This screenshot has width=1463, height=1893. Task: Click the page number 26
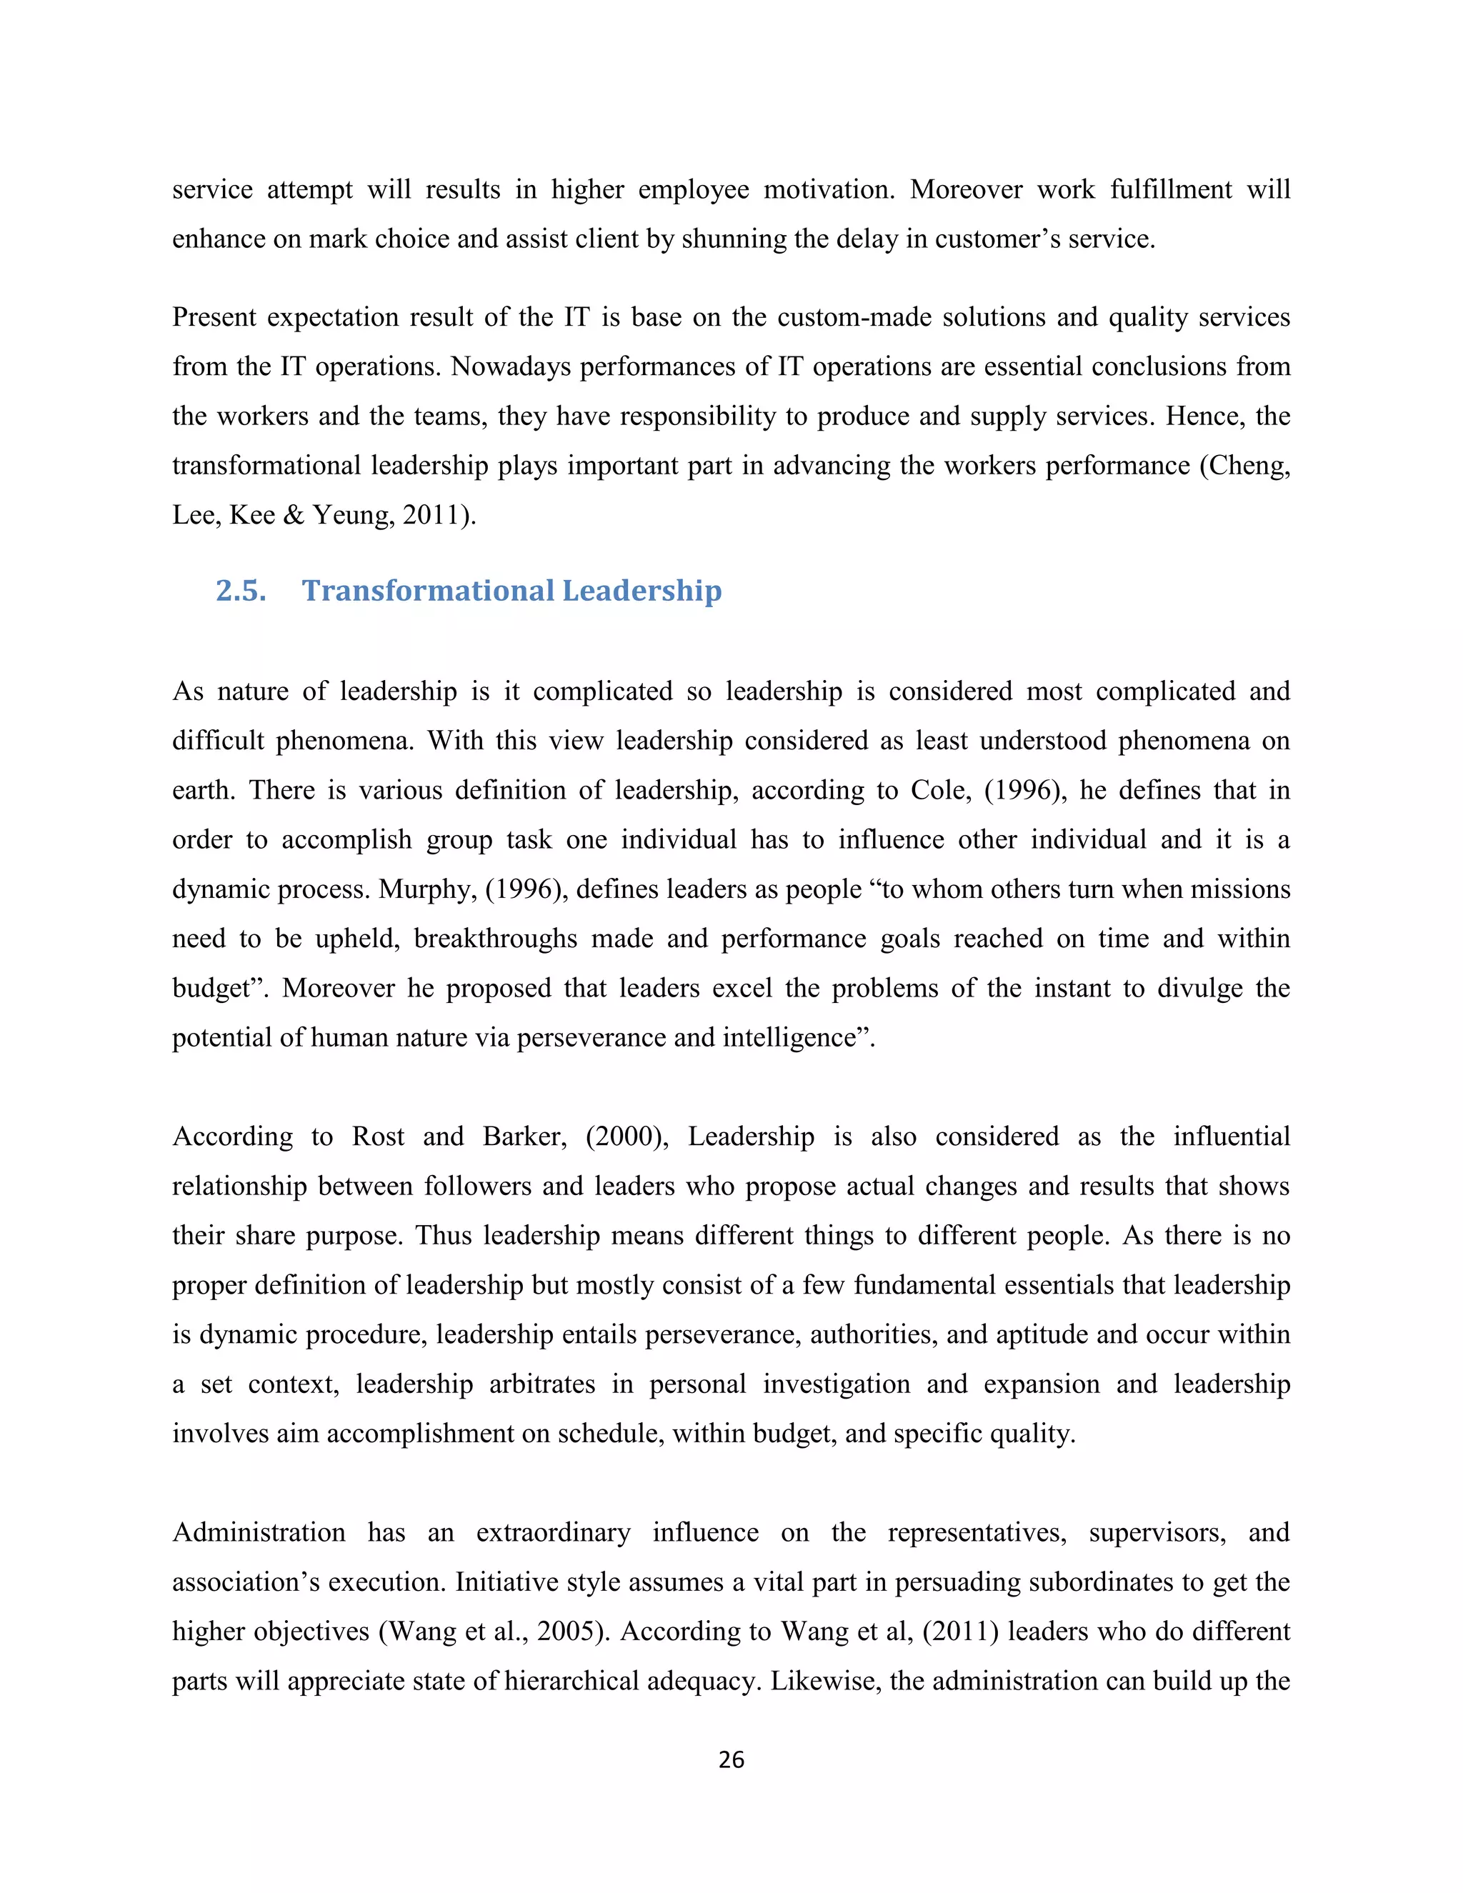[x=731, y=1759]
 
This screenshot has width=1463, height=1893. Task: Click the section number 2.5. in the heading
[x=240, y=591]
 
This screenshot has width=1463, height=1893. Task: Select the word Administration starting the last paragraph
[x=259, y=1532]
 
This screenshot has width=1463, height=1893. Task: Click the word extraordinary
[x=553, y=1532]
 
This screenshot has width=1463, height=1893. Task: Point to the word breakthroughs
[x=495, y=939]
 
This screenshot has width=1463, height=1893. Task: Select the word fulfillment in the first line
[x=1170, y=190]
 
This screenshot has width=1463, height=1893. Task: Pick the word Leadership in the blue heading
[x=641, y=591]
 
